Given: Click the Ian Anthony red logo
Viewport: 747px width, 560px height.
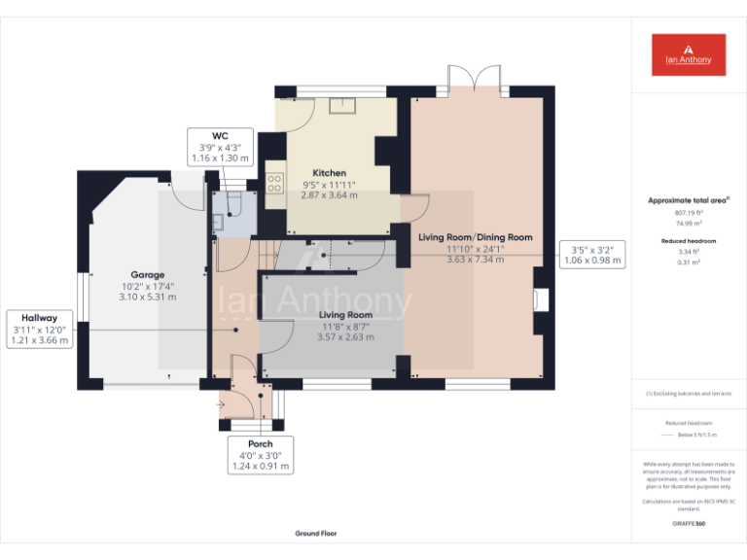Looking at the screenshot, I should (x=689, y=54).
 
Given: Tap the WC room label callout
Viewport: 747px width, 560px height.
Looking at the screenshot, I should (x=219, y=146).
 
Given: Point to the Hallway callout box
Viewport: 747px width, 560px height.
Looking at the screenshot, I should (x=41, y=329).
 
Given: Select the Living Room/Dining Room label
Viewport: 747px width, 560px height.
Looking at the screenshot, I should (x=476, y=237).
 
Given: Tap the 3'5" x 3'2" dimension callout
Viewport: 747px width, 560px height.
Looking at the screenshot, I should (x=592, y=254).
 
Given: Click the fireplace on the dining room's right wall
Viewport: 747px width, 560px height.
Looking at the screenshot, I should (x=541, y=298).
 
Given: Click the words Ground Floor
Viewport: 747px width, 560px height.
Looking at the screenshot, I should (x=316, y=533).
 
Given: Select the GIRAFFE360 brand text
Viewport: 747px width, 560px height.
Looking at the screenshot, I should (x=689, y=524).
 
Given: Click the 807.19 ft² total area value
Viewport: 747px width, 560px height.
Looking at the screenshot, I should (x=689, y=212).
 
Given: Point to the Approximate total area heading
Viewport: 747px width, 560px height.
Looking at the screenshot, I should (x=689, y=200).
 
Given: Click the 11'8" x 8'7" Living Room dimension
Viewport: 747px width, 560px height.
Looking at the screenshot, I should (x=346, y=327).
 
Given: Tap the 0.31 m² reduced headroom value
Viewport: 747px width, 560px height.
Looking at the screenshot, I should (x=689, y=262).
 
